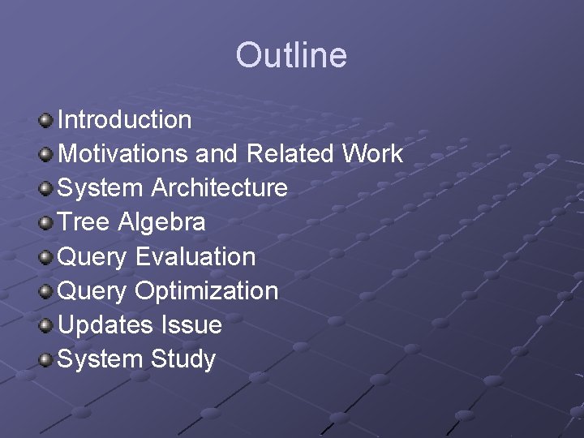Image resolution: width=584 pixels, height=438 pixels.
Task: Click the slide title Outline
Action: point(291,55)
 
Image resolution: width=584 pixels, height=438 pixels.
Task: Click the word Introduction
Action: point(125,120)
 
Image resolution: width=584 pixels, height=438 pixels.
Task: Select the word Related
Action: point(290,154)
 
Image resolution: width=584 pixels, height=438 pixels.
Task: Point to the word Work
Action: point(372,154)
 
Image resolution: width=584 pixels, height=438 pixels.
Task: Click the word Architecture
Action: point(219,188)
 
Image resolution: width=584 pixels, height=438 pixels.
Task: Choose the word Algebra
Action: point(161,222)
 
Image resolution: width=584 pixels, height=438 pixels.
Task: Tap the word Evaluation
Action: point(195,257)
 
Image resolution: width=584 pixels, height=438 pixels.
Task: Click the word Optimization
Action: point(207,291)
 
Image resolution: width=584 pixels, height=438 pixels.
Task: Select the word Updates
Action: point(105,325)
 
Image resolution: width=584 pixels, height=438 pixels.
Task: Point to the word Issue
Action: point(191,325)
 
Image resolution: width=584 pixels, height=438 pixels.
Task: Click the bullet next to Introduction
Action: point(46,121)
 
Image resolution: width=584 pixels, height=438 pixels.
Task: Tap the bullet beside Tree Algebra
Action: point(46,223)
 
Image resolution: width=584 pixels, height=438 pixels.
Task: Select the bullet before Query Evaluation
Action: point(46,258)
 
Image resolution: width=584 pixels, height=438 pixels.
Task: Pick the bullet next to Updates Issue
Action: point(46,326)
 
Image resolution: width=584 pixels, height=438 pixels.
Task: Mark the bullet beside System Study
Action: point(46,360)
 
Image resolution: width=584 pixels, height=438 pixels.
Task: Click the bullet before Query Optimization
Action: point(46,292)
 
